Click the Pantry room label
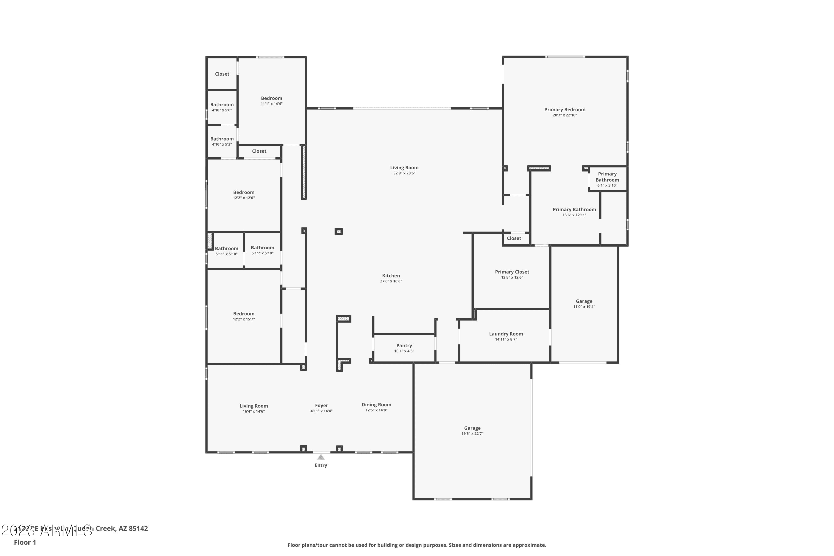(404, 345)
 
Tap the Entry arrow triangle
(321, 457)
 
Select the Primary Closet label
(512, 272)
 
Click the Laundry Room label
(506, 334)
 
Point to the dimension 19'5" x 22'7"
(472, 434)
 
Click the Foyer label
(321, 406)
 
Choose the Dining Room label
(376, 404)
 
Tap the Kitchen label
(391, 275)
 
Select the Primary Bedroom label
(565, 110)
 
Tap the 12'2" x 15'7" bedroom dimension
(244, 319)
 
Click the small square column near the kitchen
(339, 232)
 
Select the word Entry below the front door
(321, 465)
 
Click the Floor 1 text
(25, 542)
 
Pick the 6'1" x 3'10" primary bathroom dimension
(607, 185)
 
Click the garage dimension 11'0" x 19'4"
(584, 307)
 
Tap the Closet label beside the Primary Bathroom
(514, 238)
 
